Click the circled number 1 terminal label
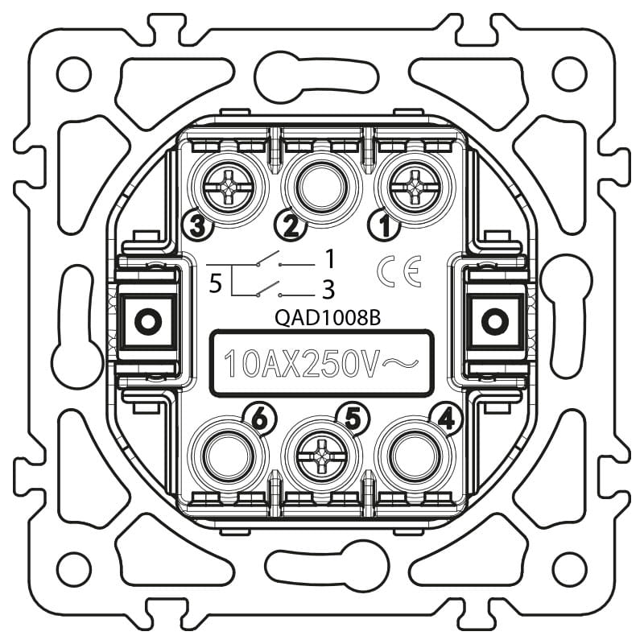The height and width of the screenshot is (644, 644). coord(385,225)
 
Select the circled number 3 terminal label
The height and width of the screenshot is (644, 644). coord(197,225)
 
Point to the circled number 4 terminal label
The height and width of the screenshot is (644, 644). coord(447,419)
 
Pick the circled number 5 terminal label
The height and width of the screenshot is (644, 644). coord(353,419)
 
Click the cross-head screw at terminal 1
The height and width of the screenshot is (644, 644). coord(414,188)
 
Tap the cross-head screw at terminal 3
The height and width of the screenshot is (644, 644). coord(228,188)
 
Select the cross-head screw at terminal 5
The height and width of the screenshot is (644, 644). coord(321,456)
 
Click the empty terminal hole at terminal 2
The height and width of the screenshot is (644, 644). coord(320,188)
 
